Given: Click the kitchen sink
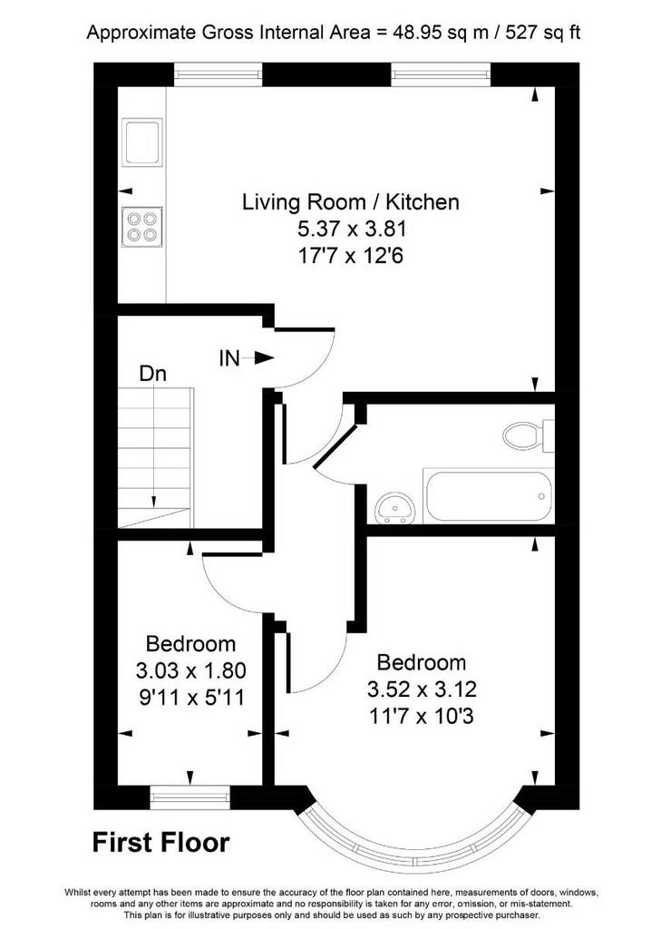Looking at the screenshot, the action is click(x=141, y=141).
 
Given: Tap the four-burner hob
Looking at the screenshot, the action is click(x=141, y=226).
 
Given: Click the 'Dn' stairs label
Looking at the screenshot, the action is click(x=152, y=373).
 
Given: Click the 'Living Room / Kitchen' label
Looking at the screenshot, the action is click(x=351, y=202).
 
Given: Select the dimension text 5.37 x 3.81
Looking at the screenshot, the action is click(x=352, y=229).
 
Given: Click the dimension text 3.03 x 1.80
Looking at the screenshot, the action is click(x=190, y=670).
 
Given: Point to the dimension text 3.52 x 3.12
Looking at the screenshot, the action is click(x=422, y=689).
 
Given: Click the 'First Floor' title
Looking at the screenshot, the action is click(x=161, y=842).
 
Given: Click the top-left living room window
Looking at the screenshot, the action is click(x=218, y=74).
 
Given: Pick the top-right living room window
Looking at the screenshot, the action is click(x=442, y=74).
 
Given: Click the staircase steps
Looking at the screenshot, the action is click(x=155, y=457).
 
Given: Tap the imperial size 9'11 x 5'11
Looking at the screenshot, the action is click(x=191, y=698).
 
